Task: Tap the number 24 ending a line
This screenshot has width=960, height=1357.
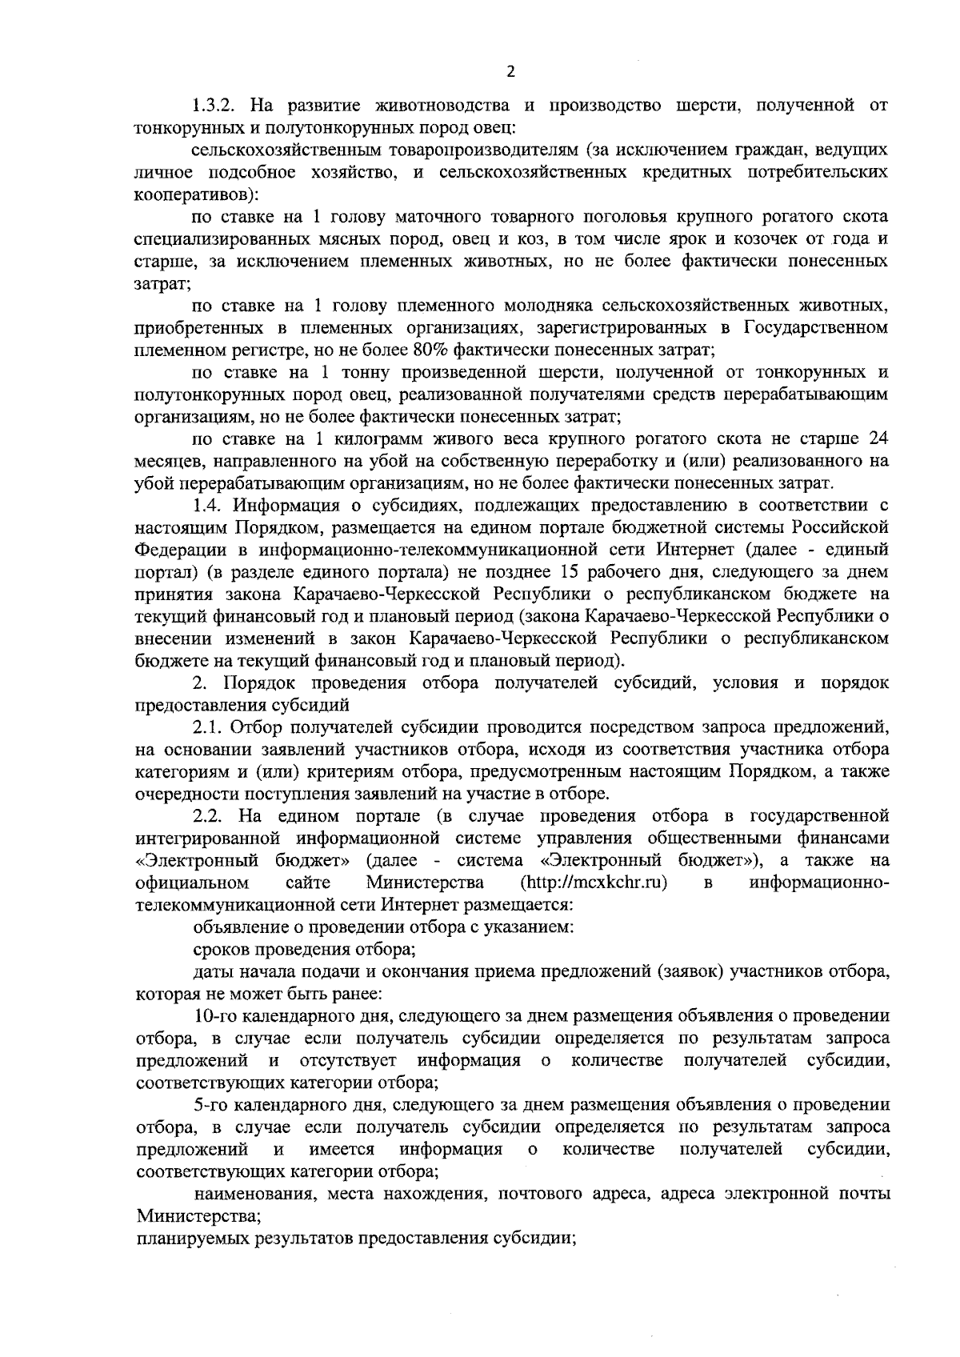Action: click(878, 438)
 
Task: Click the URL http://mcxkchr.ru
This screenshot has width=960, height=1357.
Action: click(594, 883)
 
